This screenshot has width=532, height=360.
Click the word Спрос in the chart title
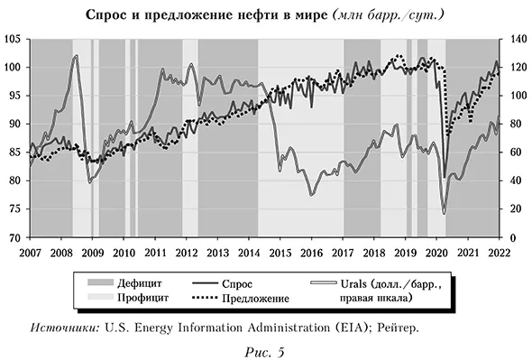point(108,15)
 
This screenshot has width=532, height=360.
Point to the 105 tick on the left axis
point(15,40)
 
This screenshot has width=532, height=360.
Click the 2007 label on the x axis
point(30,252)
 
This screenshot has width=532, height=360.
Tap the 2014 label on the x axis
point(249,252)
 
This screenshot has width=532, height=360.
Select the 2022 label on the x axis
point(500,252)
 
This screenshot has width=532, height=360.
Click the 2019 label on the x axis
point(406,252)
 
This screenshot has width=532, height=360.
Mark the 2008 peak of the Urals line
point(76,56)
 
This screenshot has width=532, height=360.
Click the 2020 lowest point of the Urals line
point(444,213)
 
